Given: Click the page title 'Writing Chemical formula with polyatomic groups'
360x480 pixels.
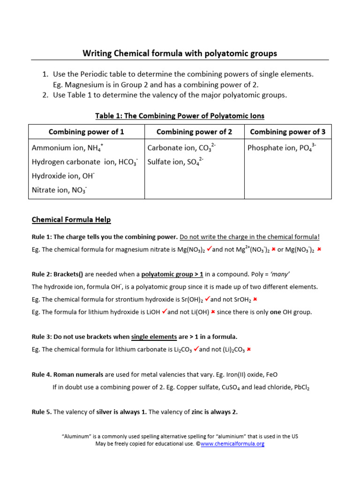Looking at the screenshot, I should click(180, 53).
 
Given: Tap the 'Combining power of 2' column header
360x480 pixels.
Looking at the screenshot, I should click(194, 132).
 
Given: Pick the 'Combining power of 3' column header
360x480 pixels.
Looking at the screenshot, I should click(288, 132).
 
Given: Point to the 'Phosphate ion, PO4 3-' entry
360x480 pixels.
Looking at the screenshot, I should click(282, 148).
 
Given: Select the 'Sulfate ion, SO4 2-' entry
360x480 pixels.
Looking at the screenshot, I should click(175, 162).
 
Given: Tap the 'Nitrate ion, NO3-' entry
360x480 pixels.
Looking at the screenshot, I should click(60, 190).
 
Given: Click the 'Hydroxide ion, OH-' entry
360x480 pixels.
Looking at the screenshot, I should click(63, 176).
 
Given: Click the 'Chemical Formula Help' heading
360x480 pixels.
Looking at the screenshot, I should click(71, 220).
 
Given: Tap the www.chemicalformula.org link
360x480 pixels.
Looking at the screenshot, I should click(232, 444).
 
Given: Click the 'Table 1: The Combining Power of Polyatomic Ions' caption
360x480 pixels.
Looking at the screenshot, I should click(180, 116).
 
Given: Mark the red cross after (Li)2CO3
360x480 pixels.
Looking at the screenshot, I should click(249, 349).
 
